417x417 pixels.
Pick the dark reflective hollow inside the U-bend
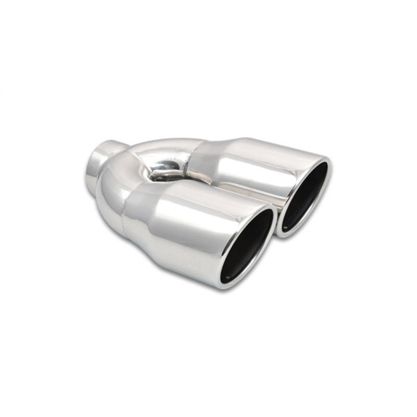(166, 171)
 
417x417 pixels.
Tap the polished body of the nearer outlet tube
(193, 235)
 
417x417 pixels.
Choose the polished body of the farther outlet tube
(250, 167)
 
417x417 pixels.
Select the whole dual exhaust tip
(208, 208)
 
